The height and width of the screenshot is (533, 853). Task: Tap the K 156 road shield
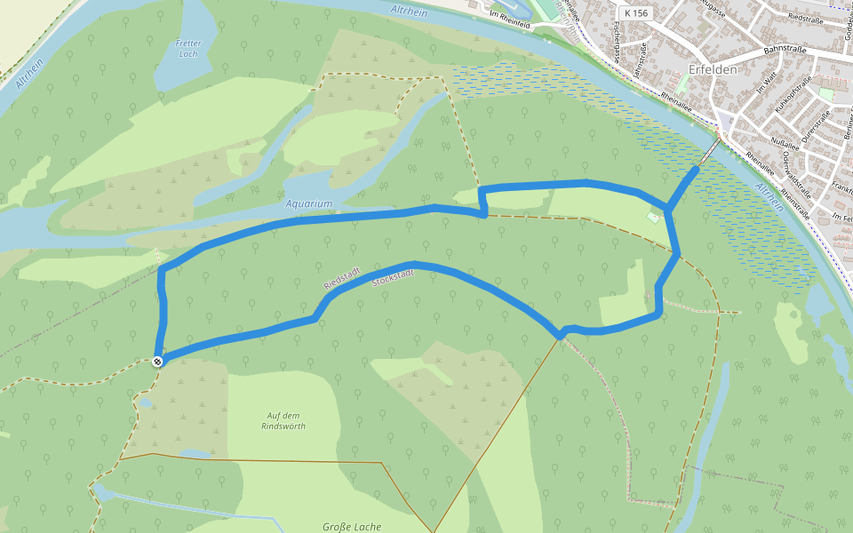(636, 13)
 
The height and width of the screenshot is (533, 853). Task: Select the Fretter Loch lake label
(188, 48)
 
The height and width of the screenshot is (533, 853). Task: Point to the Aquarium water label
(309, 203)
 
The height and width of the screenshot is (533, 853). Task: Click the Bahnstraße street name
(785, 51)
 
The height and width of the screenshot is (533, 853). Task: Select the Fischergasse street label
(615, 40)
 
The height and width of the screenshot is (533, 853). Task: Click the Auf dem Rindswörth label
(283, 420)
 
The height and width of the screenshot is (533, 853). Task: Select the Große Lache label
(352, 527)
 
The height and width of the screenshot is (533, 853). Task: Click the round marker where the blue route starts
(156, 361)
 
